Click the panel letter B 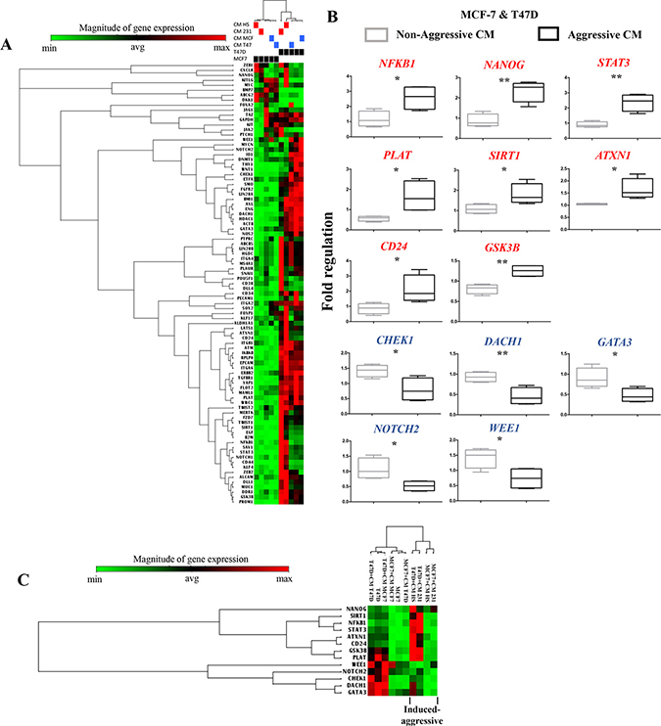click(332, 17)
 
